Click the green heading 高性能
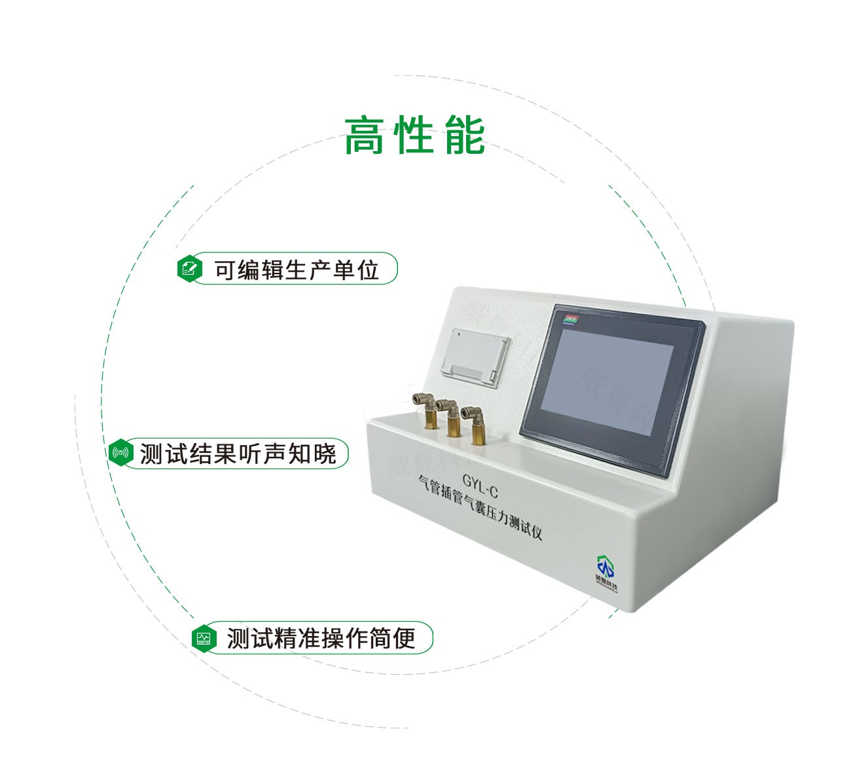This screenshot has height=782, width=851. pos(414,135)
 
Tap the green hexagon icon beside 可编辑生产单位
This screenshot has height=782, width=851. pos(190,268)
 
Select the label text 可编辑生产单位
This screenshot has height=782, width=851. pos(297,269)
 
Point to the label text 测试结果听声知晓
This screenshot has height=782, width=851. pos(238,453)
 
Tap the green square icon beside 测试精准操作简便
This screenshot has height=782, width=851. pos(205,637)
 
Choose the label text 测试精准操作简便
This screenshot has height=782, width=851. pos(321,638)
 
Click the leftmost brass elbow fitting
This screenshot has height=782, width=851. pos(427,410)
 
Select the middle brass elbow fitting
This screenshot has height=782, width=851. pos(450,416)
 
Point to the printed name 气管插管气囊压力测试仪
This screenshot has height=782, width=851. pos(482,507)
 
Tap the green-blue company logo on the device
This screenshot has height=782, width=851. pos(606,567)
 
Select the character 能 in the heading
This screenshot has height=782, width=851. pos(465,135)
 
